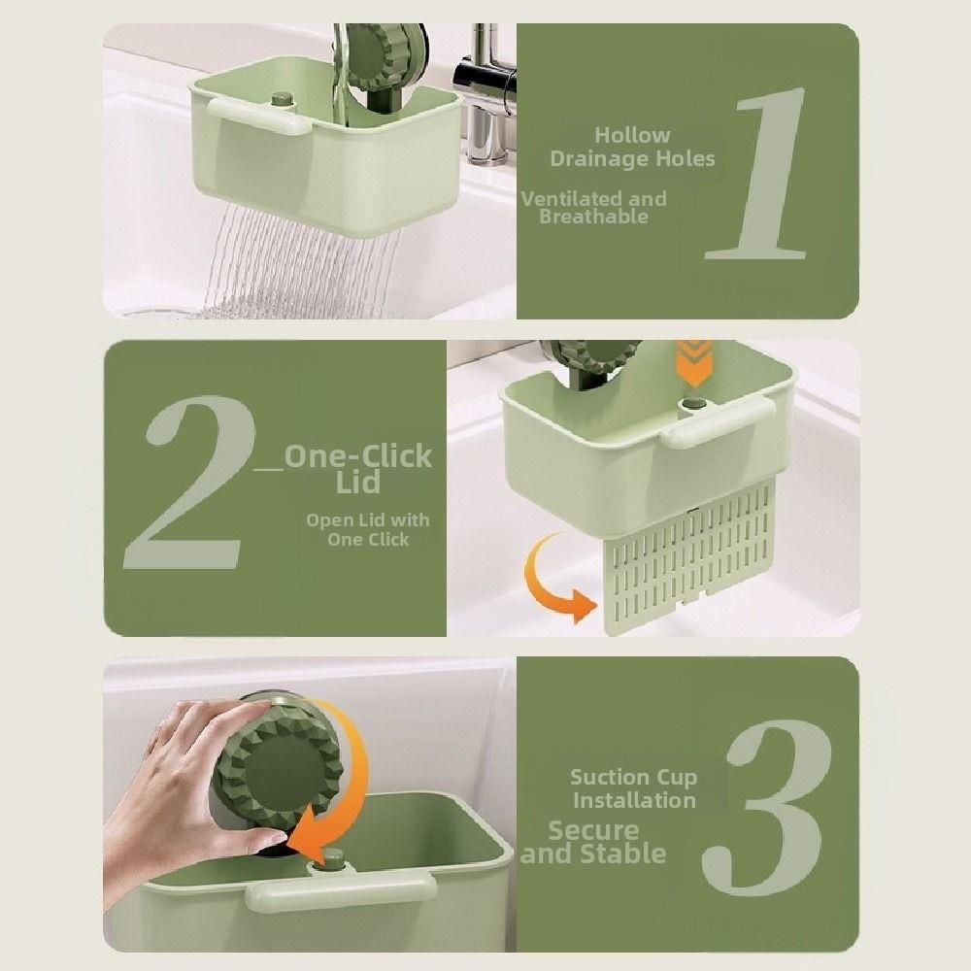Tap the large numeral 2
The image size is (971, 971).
pos(190,483)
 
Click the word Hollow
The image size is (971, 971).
pos(632,135)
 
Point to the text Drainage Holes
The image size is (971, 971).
pos(632,158)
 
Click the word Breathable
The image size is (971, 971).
pos(593,217)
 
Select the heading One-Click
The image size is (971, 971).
pos(358,456)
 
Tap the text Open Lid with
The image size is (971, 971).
pos(367,520)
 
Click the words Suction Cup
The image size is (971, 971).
pos(633,777)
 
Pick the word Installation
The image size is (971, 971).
pos(633,800)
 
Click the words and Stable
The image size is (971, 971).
pos(594,854)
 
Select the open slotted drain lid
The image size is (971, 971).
pos(689,563)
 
